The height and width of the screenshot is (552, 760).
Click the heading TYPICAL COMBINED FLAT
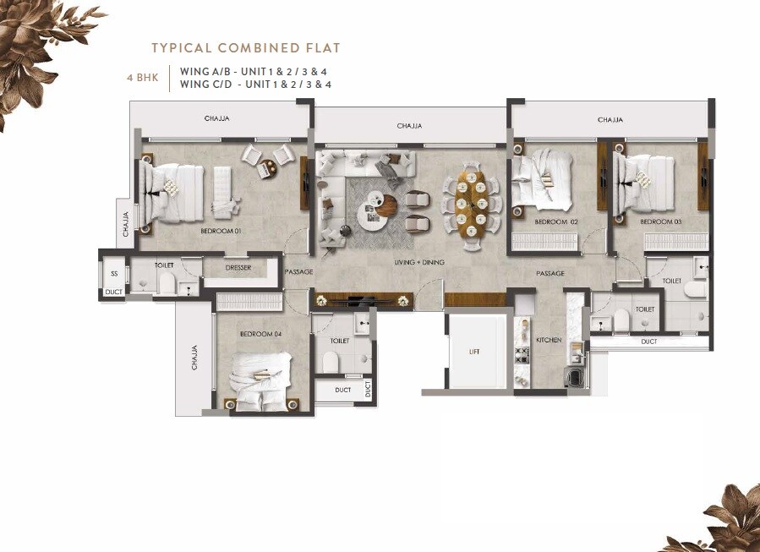[x=245, y=48]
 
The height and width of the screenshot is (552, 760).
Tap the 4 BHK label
[x=141, y=78]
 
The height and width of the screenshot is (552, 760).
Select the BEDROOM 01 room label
[x=221, y=230]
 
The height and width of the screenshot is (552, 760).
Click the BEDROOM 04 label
[x=260, y=334]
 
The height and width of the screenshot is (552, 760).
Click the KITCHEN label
[x=549, y=340]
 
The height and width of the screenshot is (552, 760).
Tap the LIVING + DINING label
[x=419, y=263]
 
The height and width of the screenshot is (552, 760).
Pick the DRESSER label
[x=239, y=270]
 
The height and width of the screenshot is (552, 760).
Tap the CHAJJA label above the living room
[x=409, y=126]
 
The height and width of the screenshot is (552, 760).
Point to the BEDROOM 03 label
[x=660, y=221]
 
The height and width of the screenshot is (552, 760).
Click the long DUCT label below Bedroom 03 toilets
[x=649, y=342]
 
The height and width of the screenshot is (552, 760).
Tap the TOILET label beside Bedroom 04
[x=339, y=341]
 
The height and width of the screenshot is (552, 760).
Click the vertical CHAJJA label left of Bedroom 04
[x=194, y=357]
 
